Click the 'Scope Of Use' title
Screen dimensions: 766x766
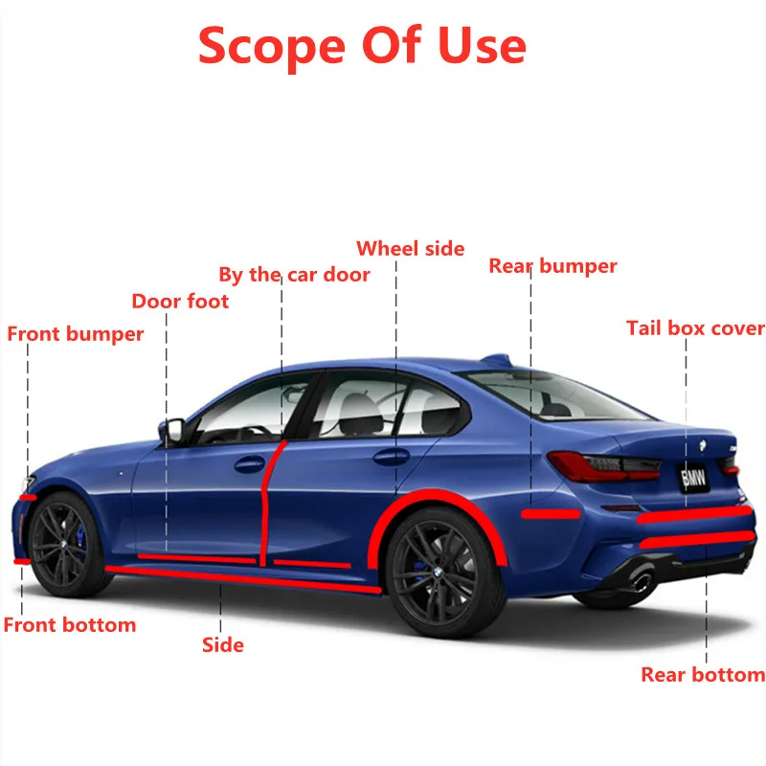pos(362,45)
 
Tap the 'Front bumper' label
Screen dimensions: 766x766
pos(76,334)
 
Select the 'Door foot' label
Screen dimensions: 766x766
pos(180,302)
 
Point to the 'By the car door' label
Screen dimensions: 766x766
pos(294,275)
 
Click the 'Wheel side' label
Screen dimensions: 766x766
pos(410,249)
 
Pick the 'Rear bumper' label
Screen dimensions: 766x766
pos(552,266)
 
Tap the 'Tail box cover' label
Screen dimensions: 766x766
pos(695,328)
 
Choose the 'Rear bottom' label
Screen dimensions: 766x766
pos(703,675)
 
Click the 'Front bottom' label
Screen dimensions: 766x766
pos(70,625)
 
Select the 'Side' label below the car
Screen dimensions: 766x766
pos(222,645)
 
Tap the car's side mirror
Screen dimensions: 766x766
pos(172,430)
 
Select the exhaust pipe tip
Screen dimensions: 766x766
pos(641,580)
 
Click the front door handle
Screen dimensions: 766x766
pos(250,464)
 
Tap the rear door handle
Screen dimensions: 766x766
pos(391,457)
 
